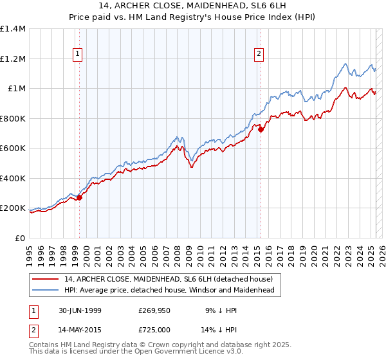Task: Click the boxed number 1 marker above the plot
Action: pos(77,55)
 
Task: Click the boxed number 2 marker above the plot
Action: pos(259,55)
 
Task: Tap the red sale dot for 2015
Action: pos(261,130)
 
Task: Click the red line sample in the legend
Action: pos(46,279)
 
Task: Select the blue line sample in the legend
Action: pos(46,291)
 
